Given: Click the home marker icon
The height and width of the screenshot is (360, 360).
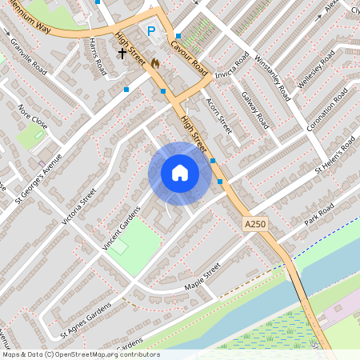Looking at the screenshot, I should coord(180,173).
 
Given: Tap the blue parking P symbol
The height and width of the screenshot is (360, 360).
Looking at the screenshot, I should coord(151,31).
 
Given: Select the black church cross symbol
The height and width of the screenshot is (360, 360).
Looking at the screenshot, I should coord(122,53).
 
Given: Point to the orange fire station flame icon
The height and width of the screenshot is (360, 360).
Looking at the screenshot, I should coord(154,62).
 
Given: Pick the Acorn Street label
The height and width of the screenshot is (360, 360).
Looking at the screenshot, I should coord(218,115).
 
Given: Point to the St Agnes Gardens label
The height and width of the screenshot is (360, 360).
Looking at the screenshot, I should coord(86,319).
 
